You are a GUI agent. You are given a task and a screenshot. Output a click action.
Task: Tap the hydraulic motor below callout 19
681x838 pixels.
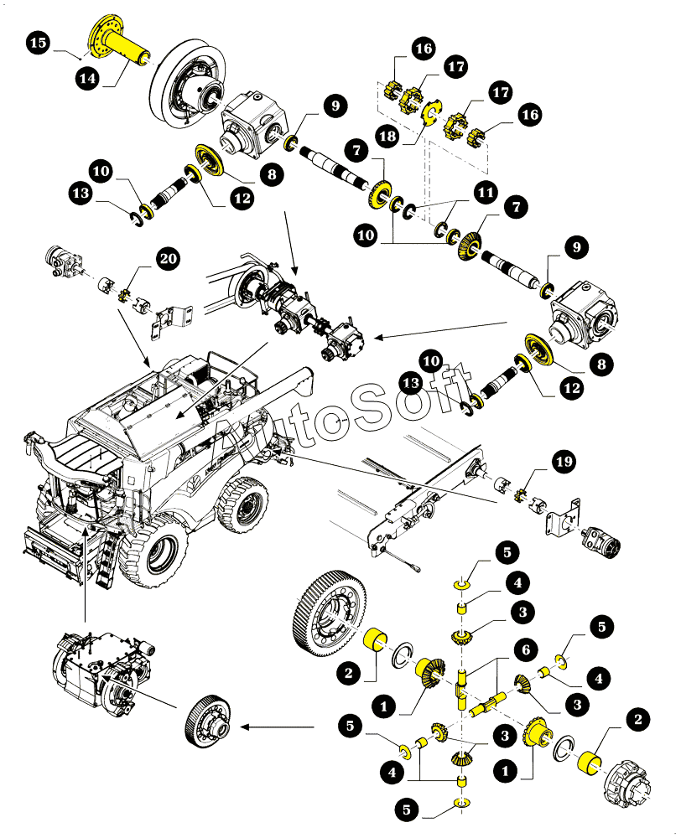tap(604, 541)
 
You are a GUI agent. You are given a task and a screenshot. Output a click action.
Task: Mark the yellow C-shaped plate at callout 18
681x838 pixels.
tap(429, 114)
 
